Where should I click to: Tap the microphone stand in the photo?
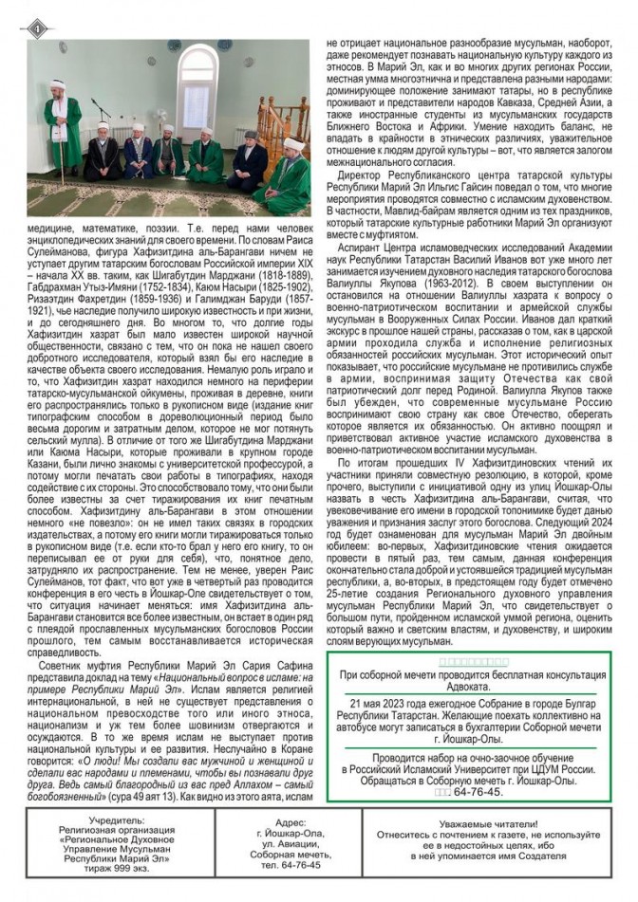coord(98,142)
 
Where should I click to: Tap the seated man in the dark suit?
coord(250,157)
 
